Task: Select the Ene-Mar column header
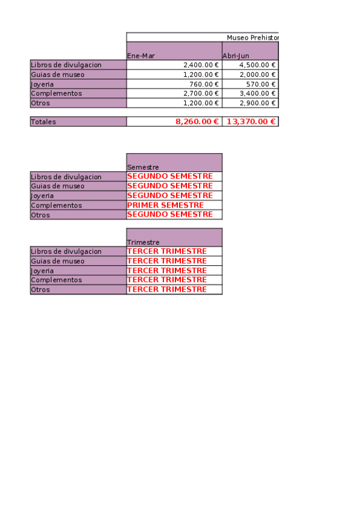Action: (x=141, y=56)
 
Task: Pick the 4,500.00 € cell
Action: (x=257, y=65)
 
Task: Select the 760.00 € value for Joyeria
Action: (x=204, y=84)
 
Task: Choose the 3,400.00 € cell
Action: (x=257, y=93)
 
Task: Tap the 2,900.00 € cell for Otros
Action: (x=257, y=103)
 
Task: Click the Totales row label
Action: (x=43, y=122)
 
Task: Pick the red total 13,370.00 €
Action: (x=251, y=121)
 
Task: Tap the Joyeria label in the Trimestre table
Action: (x=42, y=271)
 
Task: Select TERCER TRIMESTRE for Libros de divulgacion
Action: (x=166, y=251)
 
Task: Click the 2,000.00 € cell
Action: (x=257, y=75)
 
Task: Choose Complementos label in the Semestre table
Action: (x=56, y=205)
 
